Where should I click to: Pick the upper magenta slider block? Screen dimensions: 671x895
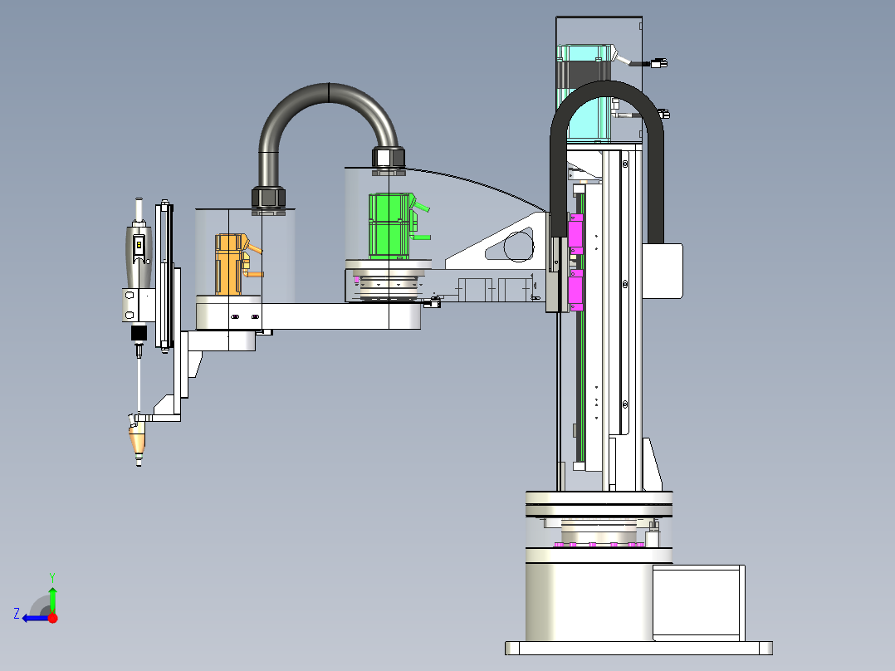click(575, 233)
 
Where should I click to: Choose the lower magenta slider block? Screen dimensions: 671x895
click(575, 288)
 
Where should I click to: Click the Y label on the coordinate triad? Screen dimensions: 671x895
click(51, 575)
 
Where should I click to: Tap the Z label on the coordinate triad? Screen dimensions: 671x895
click(17, 614)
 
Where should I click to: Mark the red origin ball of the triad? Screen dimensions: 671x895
click(52, 618)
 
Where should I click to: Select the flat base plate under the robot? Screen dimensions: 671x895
click(638, 648)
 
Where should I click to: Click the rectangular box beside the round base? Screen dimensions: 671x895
click(697, 602)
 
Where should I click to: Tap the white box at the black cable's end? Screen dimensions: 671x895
click(666, 271)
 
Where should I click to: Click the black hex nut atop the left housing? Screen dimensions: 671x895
click(268, 198)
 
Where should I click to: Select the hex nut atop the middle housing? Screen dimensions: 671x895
click(388, 157)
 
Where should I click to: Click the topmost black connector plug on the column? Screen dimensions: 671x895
click(661, 62)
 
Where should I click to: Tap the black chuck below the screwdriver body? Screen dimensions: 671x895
click(139, 334)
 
